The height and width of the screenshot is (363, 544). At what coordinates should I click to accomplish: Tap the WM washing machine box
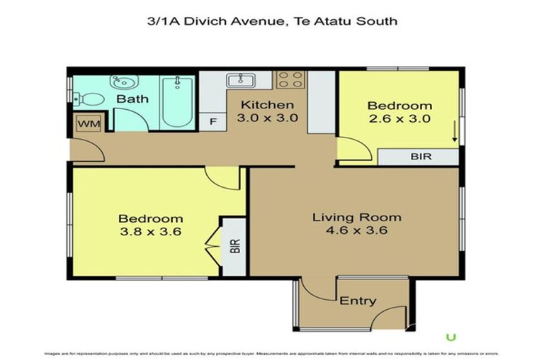click(x=89, y=124)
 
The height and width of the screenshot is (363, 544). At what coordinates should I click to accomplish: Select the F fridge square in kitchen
click(x=212, y=122)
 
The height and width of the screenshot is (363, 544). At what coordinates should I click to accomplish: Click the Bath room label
click(x=132, y=99)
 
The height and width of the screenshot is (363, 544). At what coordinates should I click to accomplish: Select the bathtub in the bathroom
click(x=176, y=101)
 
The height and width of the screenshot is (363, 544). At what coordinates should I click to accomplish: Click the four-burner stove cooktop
click(x=290, y=79)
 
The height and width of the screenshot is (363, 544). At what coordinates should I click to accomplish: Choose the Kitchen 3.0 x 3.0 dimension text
click(x=266, y=118)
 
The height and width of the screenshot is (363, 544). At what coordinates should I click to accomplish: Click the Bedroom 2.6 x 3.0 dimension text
click(x=399, y=118)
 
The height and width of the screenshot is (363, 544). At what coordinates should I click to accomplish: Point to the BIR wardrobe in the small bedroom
click(x=419, y=157)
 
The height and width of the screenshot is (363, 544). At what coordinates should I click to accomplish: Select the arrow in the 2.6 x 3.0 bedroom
click(x=454, y=132)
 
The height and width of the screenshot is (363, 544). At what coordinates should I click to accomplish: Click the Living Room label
click(x=356, y=217)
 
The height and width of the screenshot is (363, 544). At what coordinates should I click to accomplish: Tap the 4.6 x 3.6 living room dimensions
click(x=357, y=230)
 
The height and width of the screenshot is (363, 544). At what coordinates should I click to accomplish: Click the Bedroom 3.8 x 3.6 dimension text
click(x=150, y=231)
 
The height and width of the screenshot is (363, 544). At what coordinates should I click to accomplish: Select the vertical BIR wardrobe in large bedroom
click(x=234, y=246)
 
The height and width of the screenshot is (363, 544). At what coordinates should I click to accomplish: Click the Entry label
click(x=358, y=301)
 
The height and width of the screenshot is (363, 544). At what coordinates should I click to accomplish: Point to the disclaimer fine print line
click(x=272, y=352)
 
